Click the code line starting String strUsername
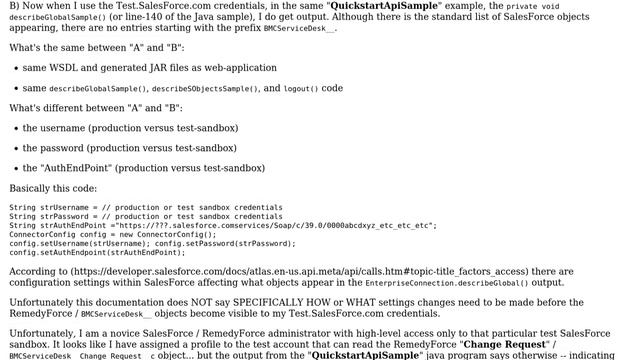click(x=145, y=208)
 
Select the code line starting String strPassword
click(x=145, y=216)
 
